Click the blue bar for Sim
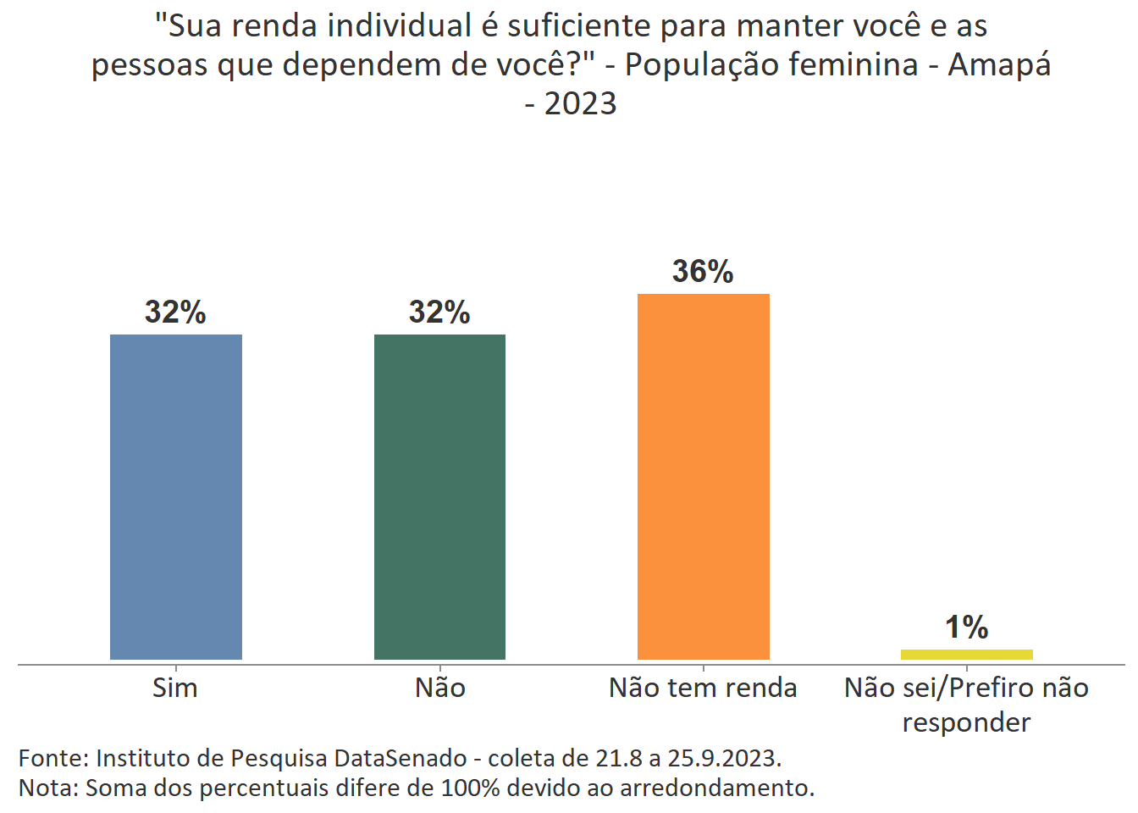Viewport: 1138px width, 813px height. [176, 496]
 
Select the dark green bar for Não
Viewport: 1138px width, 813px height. [439, 496]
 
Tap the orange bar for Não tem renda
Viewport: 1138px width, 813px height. [703, 476]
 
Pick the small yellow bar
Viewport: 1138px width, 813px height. [966, 654]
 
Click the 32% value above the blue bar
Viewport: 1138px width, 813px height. [175, 312]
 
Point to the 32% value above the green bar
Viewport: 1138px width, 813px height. [439, 312]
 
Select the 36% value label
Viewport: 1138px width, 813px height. [703, 272]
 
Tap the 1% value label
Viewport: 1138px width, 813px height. [966, 628]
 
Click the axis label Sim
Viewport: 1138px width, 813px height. [175, 688]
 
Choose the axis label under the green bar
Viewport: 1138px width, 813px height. [439, 688]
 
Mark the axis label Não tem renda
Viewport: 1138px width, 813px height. [703, 688]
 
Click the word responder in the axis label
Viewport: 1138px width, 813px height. [966, 722]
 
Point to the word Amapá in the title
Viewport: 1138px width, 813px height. [999, 64]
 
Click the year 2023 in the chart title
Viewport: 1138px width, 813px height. [580, 103]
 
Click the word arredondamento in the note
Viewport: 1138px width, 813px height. [716, 788]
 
